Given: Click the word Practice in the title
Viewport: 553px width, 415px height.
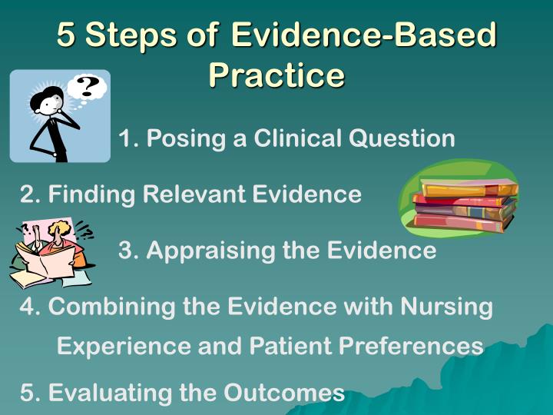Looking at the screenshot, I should pos(276,75).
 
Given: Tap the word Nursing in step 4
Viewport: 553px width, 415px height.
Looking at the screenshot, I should pos(446,306).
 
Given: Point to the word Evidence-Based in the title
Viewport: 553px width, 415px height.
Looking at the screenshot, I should pos(363,35).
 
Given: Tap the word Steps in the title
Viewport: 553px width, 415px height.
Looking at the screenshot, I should pos(132,35).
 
